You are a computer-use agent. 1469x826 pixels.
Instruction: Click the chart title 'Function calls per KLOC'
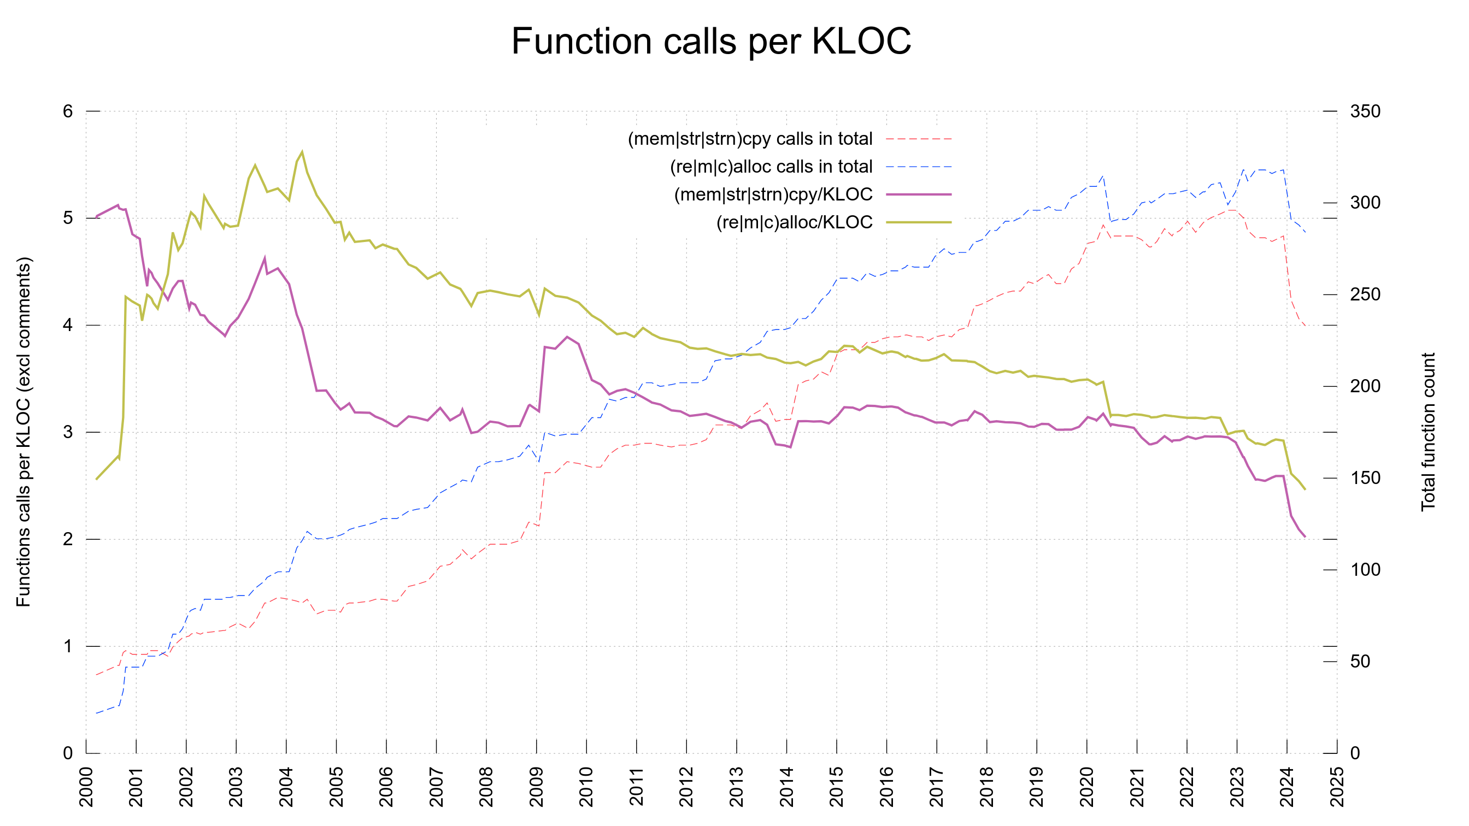[710, 41]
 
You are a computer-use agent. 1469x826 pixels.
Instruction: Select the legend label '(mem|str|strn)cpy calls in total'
[749, 139]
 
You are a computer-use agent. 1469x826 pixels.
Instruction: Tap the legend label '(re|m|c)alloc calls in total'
[771, 167]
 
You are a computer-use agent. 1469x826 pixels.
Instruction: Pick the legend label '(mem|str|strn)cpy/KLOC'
[773, 194]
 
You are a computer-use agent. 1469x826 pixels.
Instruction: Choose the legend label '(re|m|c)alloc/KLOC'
[794, 222]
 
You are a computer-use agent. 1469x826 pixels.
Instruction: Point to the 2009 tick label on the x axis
[537, 787]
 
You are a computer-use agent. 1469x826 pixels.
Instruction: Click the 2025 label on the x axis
[1337, 787]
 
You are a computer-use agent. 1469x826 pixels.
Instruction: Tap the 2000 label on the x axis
[86, 787]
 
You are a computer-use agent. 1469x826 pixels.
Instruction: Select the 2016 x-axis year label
[887, 787]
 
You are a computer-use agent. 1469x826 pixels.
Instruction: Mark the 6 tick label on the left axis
[68, 111]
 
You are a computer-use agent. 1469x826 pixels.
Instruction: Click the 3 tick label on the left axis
[68, 432]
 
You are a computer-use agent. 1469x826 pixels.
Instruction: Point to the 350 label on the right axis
[1365, 111]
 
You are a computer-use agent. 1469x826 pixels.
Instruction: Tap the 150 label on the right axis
[1365, 477]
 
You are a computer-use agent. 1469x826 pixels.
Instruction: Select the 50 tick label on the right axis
[1360, 661]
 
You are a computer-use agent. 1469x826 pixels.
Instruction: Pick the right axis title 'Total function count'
[1427, 432]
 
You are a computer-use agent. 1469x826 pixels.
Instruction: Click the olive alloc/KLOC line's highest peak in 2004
[302, 152]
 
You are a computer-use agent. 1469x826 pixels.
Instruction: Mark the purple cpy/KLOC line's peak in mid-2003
[265, 258]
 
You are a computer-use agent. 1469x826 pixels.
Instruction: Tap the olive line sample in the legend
[918, 222]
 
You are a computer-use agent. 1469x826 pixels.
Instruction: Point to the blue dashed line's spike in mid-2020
[1102, 176]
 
